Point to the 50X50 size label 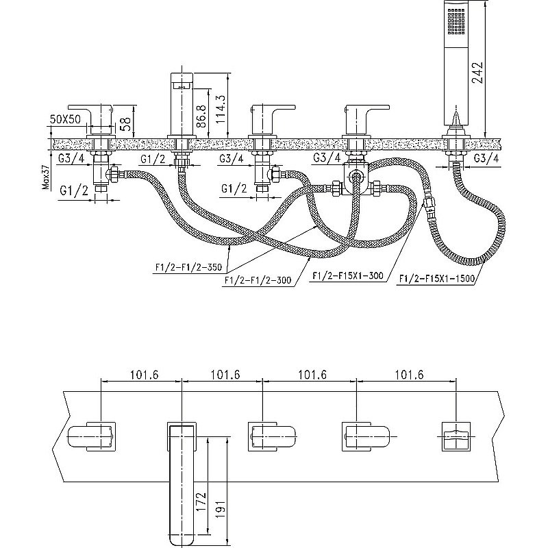tap(66, 118)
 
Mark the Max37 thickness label tap(46, 175)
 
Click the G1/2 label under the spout tap(153, 160)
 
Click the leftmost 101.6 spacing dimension tap(142, 375)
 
